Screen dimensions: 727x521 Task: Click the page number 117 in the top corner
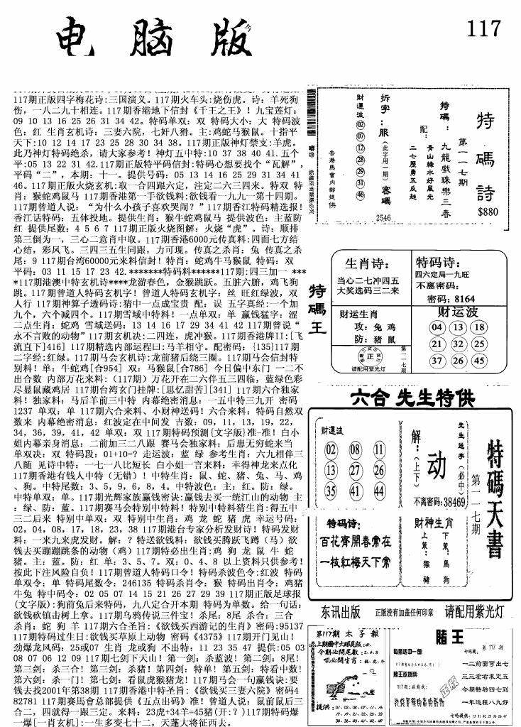(x=485, y=31)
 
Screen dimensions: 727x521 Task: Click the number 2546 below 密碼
(x=385, y=217)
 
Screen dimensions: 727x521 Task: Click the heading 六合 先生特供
(x=415, y=399)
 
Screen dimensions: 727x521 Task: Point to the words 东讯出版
(x=340, y=611)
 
